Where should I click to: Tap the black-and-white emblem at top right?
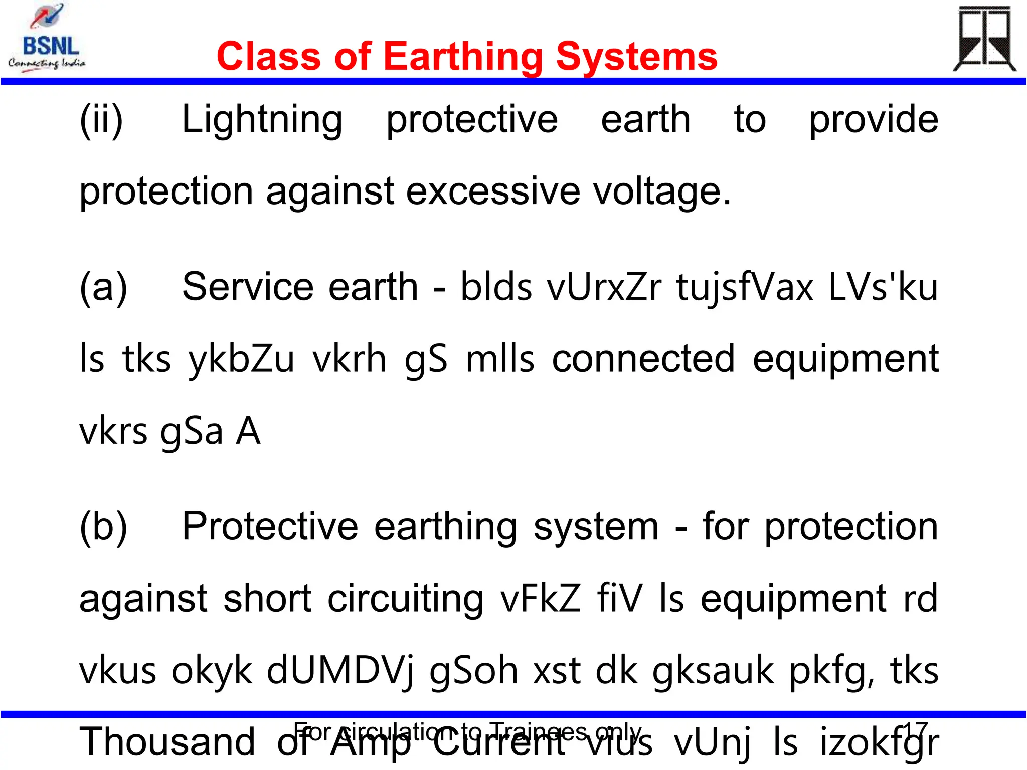click(984, 39)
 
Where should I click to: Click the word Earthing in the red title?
click(462, 56)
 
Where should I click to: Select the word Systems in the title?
click(636, 56)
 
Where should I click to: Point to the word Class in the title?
click(269, 56)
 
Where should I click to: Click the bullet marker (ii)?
click(101, 120)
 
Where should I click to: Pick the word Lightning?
click(262, 120)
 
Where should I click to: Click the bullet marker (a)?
click(103, 287)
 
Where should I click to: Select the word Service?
click(250, 287)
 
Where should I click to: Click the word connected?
click(643, 359)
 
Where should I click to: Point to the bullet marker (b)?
click(103, 527)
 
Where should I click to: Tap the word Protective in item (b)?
click(270, 527)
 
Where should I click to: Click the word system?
click(596, 527)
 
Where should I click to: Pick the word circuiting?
click(406, 599)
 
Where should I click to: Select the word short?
click(268, 599)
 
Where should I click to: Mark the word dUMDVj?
click(340, 671)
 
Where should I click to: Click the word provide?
click(874, 120)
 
